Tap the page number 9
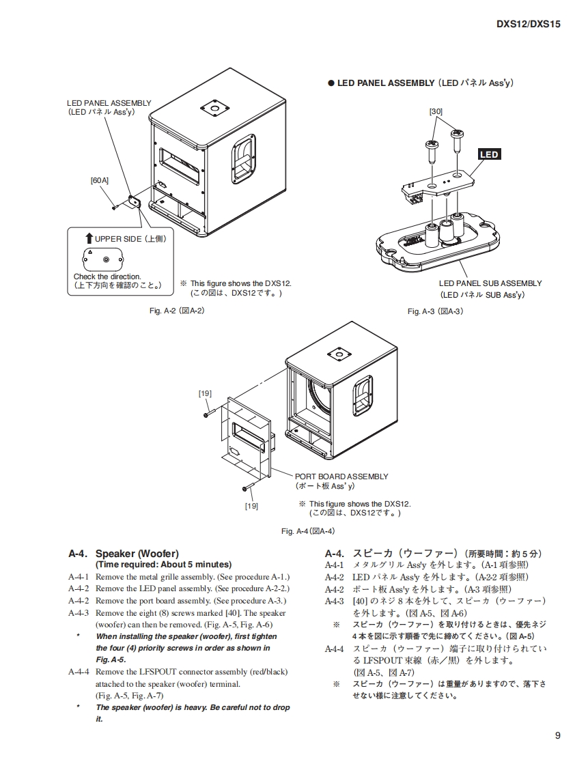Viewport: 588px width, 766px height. click(558, 735)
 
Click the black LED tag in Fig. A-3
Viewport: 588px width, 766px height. click(489, 154)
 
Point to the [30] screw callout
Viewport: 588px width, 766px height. click(436, 111)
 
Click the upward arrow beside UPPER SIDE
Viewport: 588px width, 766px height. click(89, 238)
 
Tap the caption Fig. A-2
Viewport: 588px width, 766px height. click(177, 311)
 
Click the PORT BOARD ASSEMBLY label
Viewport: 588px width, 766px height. click(341, 477)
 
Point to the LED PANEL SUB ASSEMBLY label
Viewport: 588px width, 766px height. click(490, 283)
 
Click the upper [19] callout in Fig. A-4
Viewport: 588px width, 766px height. click(205, 393)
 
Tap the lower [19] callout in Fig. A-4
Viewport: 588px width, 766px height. click(251, 506)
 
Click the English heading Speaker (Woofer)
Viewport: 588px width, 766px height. click(137, 554)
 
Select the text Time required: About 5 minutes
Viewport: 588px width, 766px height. click(163, 565)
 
